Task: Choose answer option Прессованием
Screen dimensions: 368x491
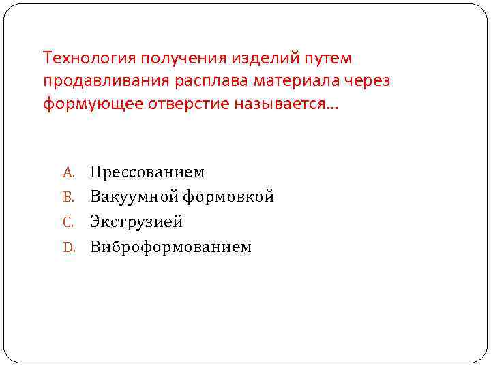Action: (x=147, y=172)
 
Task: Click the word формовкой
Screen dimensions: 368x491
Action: (x=228, y=197)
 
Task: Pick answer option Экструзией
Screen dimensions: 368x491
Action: (x=136, y=222)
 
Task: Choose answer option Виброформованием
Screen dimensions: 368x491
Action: (x=170, y=247)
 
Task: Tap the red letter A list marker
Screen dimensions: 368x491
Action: (x=68, y=172)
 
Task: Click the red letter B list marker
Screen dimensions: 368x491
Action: (x=68, y=198)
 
